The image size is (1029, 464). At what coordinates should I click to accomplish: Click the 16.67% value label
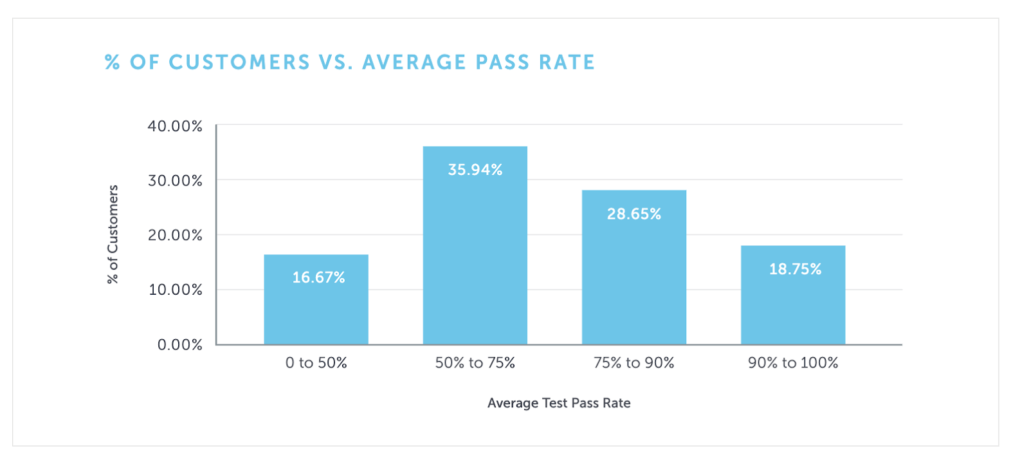point(318,277)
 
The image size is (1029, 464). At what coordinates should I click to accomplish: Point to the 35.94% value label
point(475,170)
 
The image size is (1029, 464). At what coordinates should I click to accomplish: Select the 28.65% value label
point(633,214)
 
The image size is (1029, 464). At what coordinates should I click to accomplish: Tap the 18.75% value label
point(795,269)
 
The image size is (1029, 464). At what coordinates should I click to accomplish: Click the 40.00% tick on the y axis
point(175,126)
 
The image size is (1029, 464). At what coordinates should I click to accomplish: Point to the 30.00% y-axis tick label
point(175,181)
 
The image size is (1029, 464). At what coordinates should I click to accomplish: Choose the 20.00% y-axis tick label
point(175,236)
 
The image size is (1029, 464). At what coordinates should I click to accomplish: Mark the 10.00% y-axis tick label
point(175,290)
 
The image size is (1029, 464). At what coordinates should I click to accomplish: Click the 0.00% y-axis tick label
point(179,345)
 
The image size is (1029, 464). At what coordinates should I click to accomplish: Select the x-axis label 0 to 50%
point(316,363)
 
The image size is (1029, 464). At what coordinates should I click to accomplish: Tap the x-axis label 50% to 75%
point(475,363)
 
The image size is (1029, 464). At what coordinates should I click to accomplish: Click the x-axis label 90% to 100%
point(792,363)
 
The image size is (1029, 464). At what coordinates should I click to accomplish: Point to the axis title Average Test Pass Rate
point(558,404)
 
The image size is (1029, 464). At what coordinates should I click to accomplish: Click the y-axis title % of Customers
point(113,234)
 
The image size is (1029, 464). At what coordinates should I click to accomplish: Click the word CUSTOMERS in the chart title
point(239,62)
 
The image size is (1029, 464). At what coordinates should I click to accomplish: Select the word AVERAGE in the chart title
point(414,62)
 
